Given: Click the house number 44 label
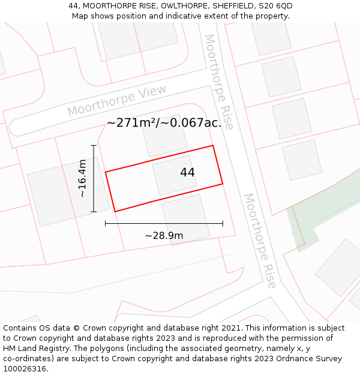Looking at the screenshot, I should point(187,172).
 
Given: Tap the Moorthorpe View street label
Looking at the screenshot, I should point(116,101).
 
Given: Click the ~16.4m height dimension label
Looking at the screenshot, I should point(82,178).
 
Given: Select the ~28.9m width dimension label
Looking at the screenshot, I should point(164,235).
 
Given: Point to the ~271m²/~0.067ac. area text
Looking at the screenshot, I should point(164,123).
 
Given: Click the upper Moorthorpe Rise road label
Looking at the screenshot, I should point(218,81).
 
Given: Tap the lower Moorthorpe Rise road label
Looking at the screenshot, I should point(260,240).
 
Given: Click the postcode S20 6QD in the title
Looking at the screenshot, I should point(275,5).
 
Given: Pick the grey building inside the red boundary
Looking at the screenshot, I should point(175,175).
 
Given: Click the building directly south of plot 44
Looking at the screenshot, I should point(185,218).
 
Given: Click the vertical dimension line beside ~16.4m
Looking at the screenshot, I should point(94,178).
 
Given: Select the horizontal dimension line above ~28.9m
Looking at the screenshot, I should point(164,223).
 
